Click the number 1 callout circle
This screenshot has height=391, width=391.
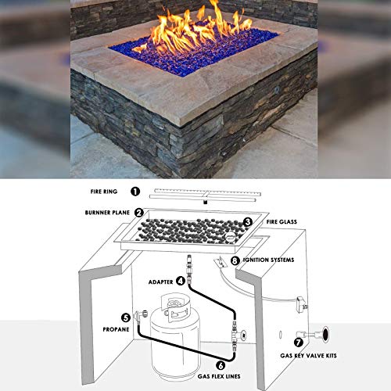point(135,191)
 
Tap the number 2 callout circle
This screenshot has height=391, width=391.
point(138,212)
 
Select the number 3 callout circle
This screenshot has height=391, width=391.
point(247,222)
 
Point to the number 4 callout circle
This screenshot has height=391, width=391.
point(180,279)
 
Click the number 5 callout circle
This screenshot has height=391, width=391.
point(125,317)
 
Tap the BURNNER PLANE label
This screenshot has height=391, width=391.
point(106,212)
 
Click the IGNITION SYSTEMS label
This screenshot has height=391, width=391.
point(273,260)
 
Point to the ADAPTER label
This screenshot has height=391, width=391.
point(158,279)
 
